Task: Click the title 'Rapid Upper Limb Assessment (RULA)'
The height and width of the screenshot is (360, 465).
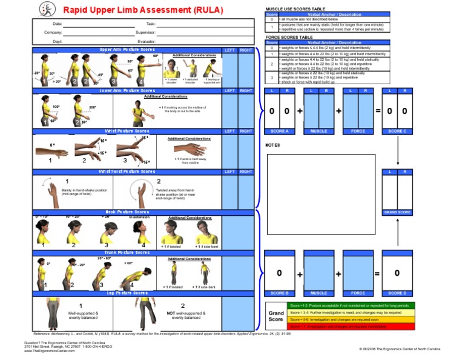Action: coord(143,10)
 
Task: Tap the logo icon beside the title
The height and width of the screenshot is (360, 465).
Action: coord(47,9)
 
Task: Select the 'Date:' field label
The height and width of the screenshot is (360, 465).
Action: coord(58,23)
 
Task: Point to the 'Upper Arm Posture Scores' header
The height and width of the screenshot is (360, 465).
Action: coord(127,50)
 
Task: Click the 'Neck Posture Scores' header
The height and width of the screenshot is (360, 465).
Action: coord(127,212)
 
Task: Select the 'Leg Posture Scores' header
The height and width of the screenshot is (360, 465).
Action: coord(127,293)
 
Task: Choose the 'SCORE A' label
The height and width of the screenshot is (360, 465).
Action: coord(279,131)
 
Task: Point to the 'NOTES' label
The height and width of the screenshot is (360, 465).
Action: coord(273,145)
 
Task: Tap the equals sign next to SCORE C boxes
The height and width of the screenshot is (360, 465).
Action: coord(378,111)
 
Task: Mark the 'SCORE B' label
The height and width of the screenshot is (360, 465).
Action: coord(279,293)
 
